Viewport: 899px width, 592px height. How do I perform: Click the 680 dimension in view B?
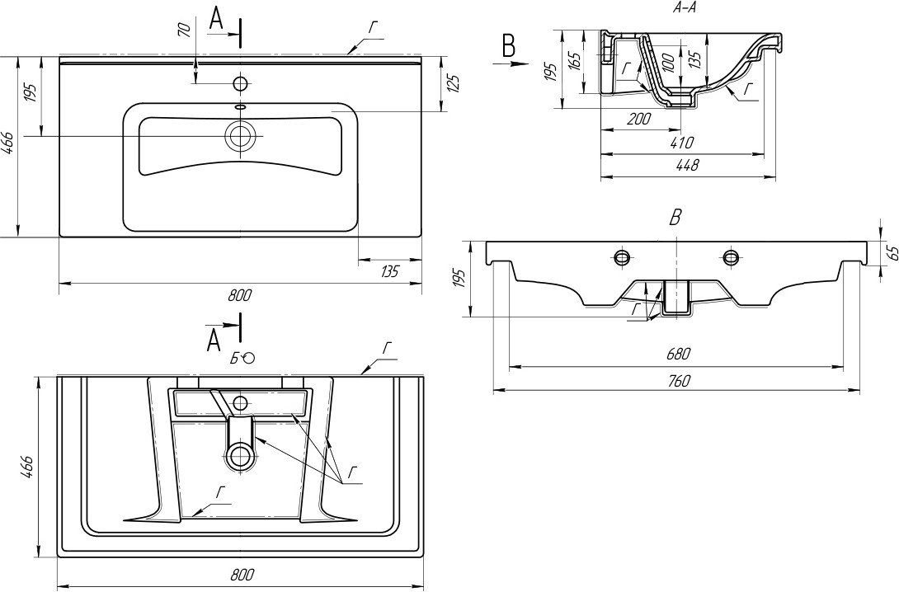pos(678,355)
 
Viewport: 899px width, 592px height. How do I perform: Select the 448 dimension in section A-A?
pos(687,166)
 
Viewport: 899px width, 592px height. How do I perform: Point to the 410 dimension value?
pos(681,142)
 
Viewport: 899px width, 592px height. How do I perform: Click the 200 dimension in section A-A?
pos(638,119)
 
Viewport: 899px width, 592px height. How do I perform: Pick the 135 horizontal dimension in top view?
pos(388,271)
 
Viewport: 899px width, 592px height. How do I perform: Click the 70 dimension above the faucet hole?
pos(184,31)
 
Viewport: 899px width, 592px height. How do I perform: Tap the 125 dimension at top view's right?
pos(454,83)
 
